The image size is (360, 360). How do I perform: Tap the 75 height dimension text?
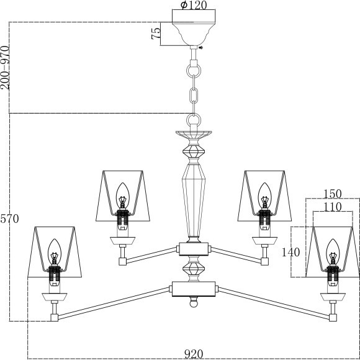(x=156, y=33)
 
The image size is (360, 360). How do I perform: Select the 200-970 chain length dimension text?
(x=5, y=68)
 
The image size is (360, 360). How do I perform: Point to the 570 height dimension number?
(x=9, y=218)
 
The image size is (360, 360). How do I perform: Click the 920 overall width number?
(x=194, y=354)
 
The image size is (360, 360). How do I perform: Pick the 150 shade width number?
(x=332, y=193)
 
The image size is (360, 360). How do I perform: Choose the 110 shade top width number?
(x=333, y=206)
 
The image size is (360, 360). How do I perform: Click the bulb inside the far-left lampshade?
(x=54, y=251)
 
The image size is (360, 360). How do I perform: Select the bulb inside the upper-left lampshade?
(x=122, y=194)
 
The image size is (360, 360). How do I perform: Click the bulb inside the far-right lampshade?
(x=334, y=251)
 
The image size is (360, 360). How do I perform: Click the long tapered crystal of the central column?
(x=194, y=199)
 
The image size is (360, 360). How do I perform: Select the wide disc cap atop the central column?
(x=194, y=133)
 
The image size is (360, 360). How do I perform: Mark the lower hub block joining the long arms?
(x=194, y=288)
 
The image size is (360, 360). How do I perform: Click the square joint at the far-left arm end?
(x=55, y=317)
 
